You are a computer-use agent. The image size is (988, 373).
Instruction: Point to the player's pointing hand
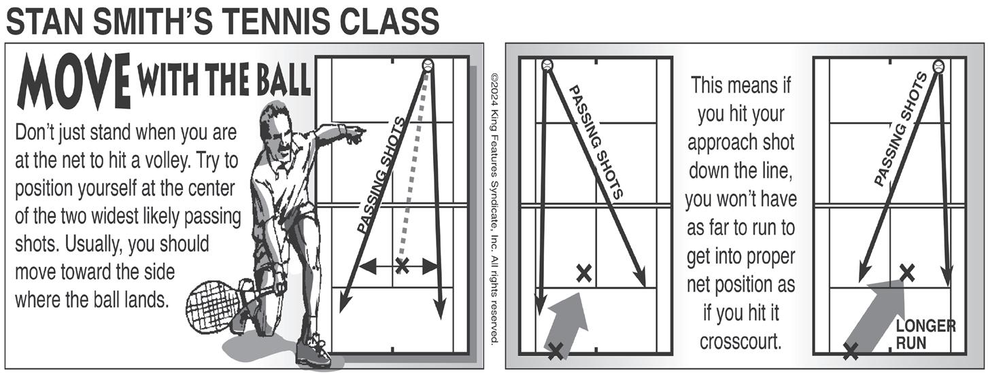coord(354,133)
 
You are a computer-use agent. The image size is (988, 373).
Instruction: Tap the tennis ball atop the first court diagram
coord(428,65)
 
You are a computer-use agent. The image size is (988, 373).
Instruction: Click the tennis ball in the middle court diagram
coord(547,66)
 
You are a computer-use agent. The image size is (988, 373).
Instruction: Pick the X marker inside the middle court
coord(583,273)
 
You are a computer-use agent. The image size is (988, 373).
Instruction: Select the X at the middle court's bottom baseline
coord(556,350)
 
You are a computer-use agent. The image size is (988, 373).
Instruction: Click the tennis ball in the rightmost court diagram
coord(939,67)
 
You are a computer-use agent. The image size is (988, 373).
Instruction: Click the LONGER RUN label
coord(925,334)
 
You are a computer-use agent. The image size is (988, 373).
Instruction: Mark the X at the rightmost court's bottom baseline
coord(849,351)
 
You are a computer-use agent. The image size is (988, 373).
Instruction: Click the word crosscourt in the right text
coord(740,341)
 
